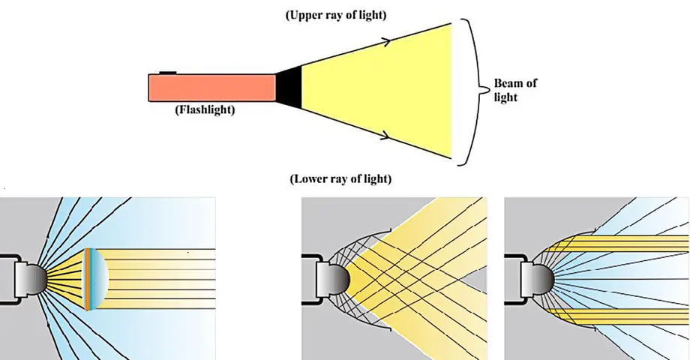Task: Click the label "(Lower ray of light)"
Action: pyautogui.click(x=340, y=180)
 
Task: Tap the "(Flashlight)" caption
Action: pyautogui.click(x=205, y=110)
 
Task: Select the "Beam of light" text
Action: pyautogui.click(x=515, y=90)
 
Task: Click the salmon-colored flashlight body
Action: pyautogui.click(x=211, y=88)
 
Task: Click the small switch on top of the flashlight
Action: pyautogui.click(x=167, y=73)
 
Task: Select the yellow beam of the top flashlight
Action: pyautogui.click(x=382, y=88)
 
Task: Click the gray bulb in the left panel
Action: pyautogui.click(x=35, y=278)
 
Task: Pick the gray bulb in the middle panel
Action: pyautogui.click(x=337, y=278)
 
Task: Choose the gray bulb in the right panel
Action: pyautogui.click(x=540, y=278)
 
